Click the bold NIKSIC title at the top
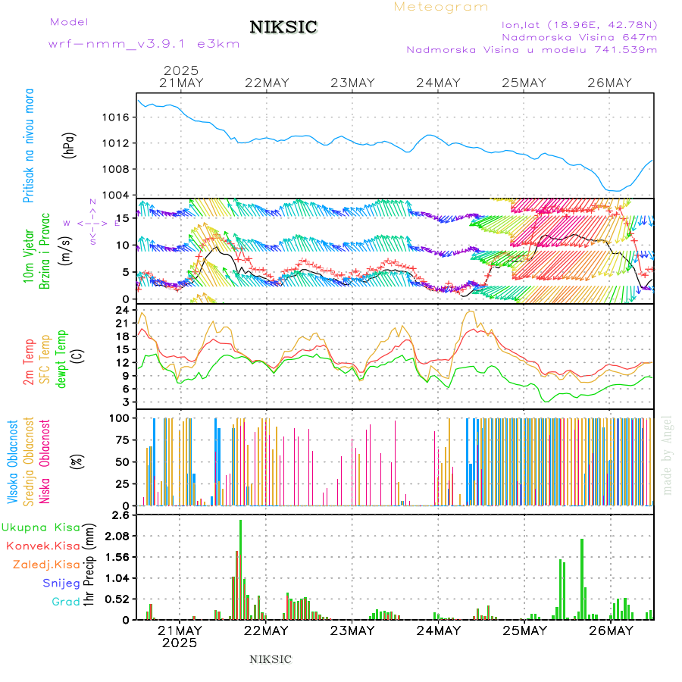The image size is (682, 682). tap(283, 27)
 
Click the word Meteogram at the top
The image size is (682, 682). tap(441, 7)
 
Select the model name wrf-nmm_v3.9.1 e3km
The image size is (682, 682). tap(144, 43)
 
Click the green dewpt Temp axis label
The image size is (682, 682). tap(61, 358)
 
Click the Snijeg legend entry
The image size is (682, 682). tap(61, 583)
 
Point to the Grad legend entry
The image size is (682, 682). tap(65, 602)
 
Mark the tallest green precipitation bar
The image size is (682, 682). tap(241, 569)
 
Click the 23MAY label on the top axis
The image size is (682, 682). tap(353, 83)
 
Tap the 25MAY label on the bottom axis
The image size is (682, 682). tap(524, 630)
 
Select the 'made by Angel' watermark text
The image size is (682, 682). tap(668, 455)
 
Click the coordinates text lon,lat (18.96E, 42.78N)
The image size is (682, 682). tap(574, 23)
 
